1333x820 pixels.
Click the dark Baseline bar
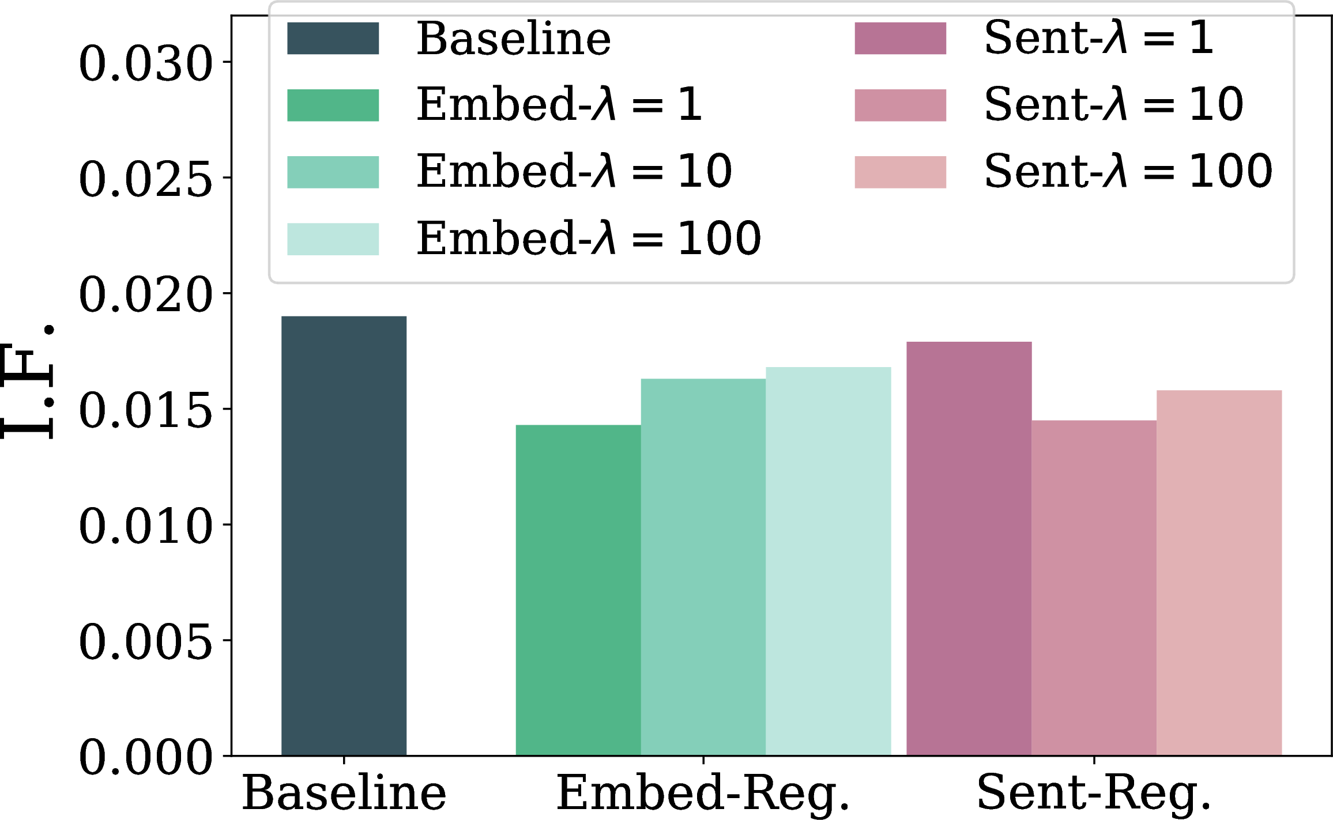coord(344,535)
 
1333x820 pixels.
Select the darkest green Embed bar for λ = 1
coord(578,590)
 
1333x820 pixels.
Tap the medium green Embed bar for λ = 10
coord(703,567)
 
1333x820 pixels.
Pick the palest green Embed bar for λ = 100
coord(829,561)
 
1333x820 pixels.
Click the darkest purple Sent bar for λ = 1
coord(969,549)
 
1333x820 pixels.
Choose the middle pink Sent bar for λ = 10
coord(1094,588)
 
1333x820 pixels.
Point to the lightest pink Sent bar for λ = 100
coord(1219,573)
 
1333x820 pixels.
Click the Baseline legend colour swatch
coord(333,39)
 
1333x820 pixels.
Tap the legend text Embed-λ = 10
coord(574,171)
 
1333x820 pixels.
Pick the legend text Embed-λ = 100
coord(589,237)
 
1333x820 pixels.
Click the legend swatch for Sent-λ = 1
coord(901,39)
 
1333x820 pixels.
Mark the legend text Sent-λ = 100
coord(1128,171)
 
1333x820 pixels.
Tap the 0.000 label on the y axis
coord(146,756)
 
